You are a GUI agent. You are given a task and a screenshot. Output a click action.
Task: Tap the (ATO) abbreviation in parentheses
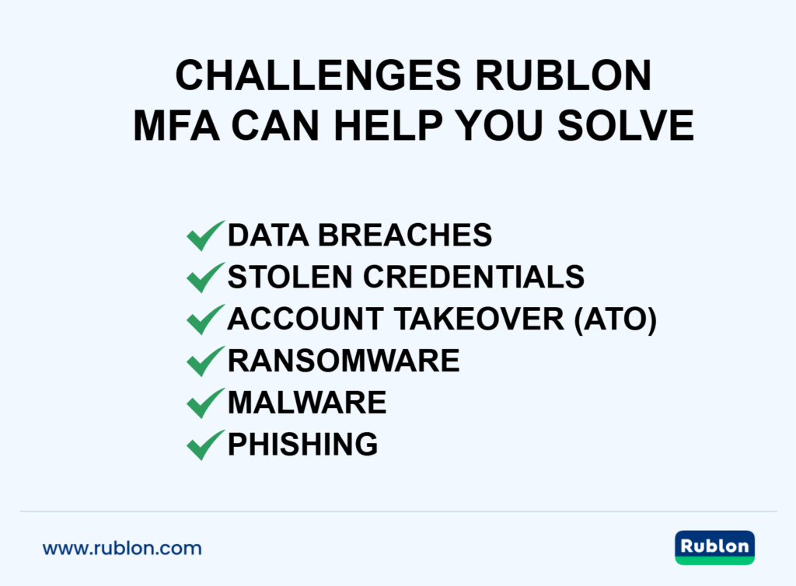pyautogui.click(x=615, y=319)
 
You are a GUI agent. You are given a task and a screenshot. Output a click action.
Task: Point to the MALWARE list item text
pyautogui.click(x=307, y=403)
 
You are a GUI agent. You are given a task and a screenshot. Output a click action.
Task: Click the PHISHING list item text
pyautogui.click(x=302, y=445)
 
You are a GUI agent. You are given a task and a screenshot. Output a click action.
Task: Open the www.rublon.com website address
pyautogui.click(x=122, y=548)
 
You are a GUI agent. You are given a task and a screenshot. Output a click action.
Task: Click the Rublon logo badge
pyautogui.click(x=715, y=547)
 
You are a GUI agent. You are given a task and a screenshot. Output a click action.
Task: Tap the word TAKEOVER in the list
pyautogui.click(x=478, y=319)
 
